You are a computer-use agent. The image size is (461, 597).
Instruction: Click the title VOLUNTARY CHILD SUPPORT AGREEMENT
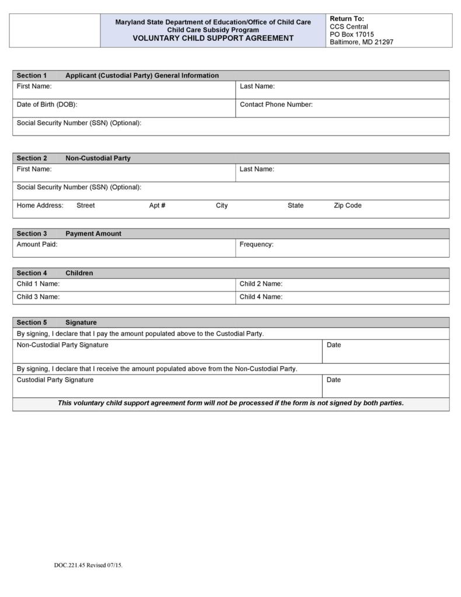pos(213,39)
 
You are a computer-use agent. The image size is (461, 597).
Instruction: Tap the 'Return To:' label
pos(347,19)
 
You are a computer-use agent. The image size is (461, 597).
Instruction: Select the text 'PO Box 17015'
pos(352,34)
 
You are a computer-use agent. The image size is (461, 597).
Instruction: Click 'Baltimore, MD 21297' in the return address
pos(361,42)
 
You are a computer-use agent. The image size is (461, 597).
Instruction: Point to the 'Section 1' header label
pos(32,75)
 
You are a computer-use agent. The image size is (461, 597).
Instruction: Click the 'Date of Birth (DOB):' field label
pos(47,105)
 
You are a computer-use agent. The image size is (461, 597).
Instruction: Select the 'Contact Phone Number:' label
pos(276,105)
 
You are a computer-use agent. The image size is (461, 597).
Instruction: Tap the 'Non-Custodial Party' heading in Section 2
pos(98,158)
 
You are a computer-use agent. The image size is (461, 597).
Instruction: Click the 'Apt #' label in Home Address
pos(157,206)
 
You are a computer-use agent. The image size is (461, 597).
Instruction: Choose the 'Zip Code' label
pos(347,206)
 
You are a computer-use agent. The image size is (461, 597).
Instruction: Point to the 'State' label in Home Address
pos(295,206)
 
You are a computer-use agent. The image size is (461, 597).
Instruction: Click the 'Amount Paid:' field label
pos(37,244)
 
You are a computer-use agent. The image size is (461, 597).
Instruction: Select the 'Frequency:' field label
pos(256,244)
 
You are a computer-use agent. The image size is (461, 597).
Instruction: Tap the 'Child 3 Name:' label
pos(38,297)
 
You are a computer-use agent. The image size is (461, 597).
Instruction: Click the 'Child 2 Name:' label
pos(261,284)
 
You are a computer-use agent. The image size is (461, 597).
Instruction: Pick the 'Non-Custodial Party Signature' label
pos(62,345)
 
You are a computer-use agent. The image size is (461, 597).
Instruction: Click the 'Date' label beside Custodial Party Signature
pos(334,380)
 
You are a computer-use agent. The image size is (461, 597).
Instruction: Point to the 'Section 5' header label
pos(32,322)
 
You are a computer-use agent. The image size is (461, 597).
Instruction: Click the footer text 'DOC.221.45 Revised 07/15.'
pos(88,565)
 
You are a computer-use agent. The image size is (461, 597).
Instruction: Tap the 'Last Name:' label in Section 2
pos(257,169)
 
